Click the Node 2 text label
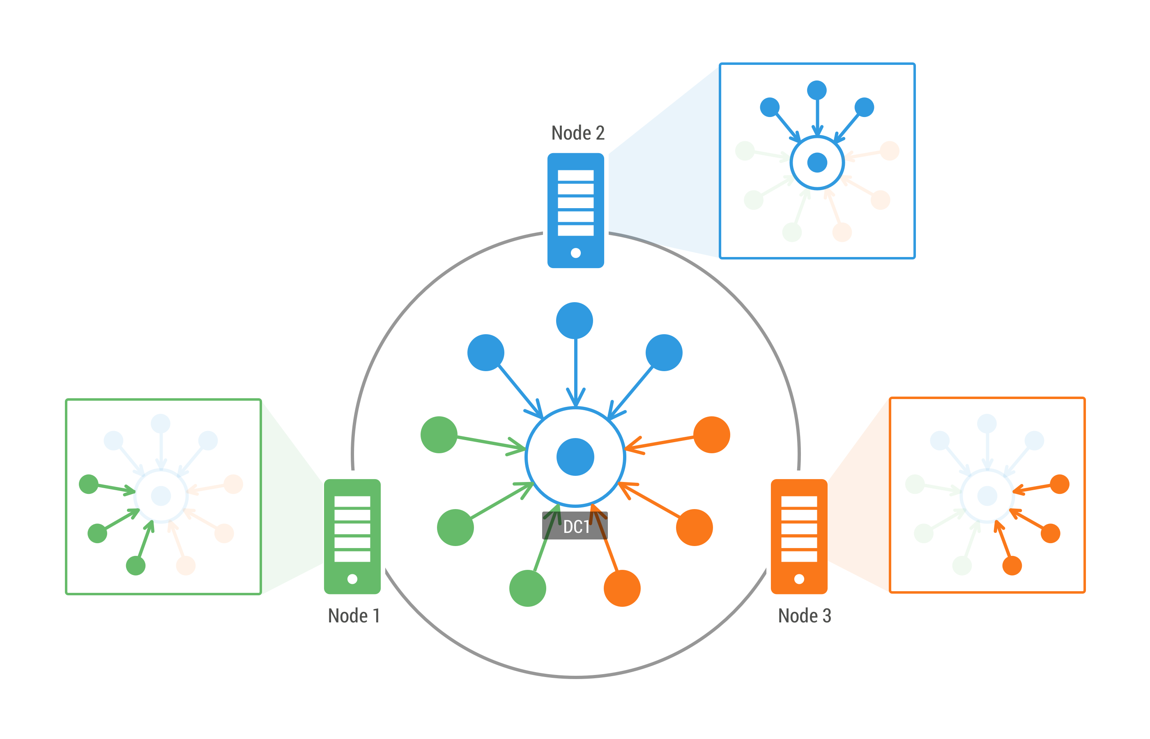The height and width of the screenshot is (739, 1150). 577,133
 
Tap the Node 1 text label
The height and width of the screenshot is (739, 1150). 354,616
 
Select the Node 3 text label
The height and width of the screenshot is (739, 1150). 805,616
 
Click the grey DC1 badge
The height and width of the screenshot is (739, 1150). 575,526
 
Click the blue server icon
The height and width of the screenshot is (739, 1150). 575,211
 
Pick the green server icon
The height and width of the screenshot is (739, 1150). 352,537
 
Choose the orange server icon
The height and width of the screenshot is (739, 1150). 799,537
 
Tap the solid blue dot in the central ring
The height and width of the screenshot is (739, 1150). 575,457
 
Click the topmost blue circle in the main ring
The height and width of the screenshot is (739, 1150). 575,321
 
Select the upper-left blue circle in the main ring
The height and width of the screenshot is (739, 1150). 486,353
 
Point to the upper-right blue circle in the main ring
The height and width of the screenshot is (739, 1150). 664,353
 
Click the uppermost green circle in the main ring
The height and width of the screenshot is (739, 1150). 439,435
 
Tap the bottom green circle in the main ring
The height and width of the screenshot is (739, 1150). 528,588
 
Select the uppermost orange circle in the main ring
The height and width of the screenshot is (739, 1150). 712,435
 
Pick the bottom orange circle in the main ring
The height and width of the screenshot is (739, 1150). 622,588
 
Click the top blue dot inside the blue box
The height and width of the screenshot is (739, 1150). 817,90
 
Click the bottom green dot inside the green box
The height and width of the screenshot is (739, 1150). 136,566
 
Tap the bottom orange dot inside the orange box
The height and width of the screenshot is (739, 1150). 1012,566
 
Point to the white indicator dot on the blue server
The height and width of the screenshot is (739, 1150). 576,253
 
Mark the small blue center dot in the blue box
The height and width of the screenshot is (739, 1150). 817,162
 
